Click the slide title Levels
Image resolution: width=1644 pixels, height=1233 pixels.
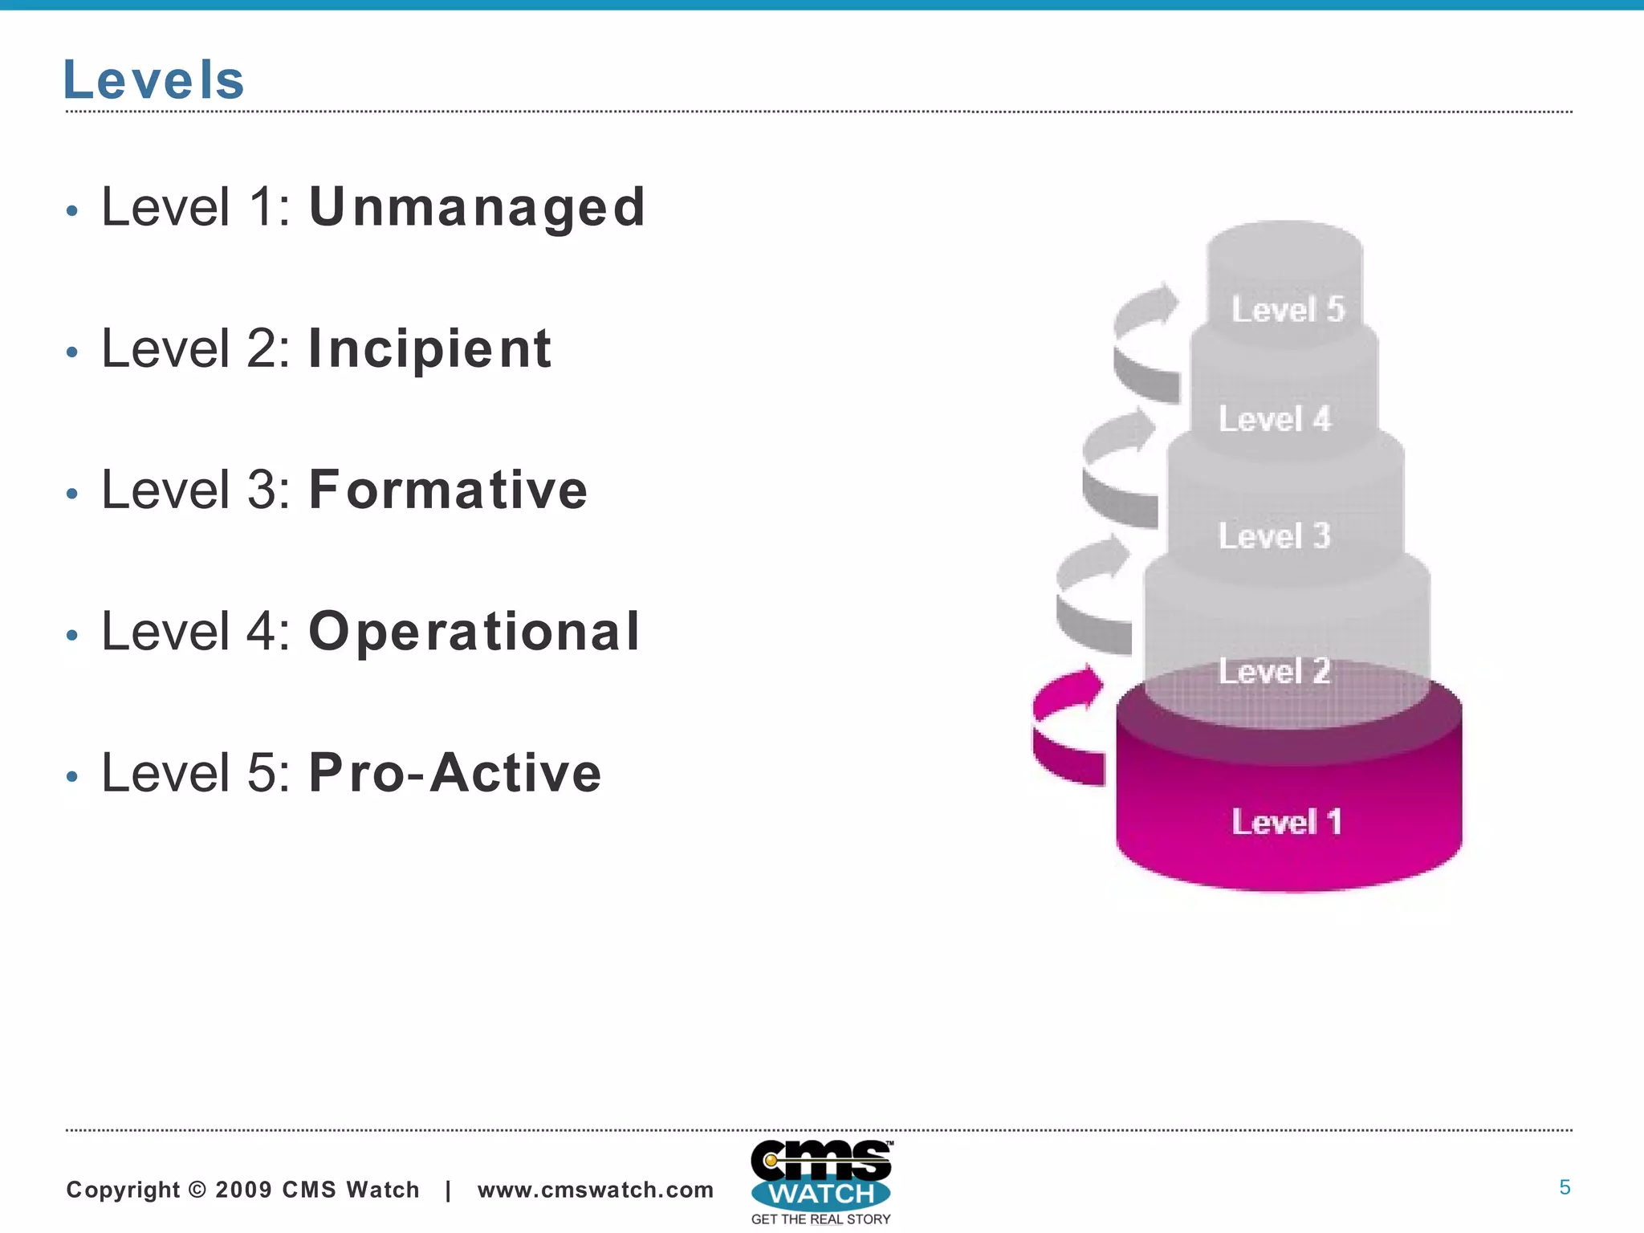tap(153, 80)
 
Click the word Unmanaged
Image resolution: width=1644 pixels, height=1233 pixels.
tap(477, 207)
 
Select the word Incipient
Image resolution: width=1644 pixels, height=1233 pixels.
tap(430, 349)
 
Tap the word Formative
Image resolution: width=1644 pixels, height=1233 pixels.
tap(448, 490)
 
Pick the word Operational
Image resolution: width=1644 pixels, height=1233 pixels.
tap(474, 632)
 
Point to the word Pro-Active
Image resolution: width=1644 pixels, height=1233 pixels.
tap(455, 773)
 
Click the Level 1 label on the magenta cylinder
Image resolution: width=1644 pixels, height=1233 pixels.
tap(1287, 822)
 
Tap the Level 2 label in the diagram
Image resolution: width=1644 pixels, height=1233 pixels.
tap(1275, 671)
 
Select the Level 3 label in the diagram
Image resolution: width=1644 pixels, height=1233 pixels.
tap(1275, 536)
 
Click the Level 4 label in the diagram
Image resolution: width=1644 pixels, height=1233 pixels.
tap(1275, 419)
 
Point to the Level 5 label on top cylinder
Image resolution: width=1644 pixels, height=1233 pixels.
tap(1288, 310)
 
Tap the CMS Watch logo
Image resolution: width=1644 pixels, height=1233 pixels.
tap(820, 1176)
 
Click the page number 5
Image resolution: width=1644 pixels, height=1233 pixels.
tap(1565, 1187)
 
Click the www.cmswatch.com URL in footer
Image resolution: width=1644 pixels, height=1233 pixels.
tap(595, 1190)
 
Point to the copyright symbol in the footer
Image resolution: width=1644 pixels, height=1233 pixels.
tap(197, 1190)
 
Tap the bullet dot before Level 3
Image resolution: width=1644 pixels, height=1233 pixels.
tap(72, 494)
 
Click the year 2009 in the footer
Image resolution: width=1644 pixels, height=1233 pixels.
tap(244, 1190)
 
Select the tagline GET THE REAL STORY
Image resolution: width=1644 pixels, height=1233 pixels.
tap(820, 1219)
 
